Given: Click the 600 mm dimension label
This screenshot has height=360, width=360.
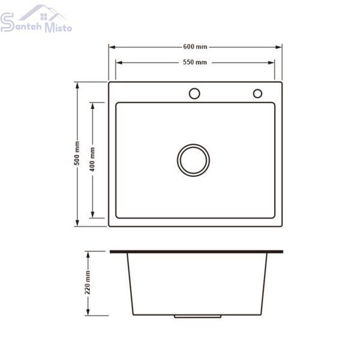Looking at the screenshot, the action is pos(195,47).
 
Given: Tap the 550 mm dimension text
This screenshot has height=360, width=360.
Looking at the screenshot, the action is pos(195,62).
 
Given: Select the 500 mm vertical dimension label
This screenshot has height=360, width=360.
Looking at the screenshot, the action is pos(77,153).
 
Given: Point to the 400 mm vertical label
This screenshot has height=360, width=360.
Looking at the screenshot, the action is pos(92,160).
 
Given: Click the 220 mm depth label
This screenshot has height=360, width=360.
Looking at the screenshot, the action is pos(88,282).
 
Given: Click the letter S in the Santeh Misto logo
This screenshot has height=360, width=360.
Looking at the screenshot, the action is pos(7,22).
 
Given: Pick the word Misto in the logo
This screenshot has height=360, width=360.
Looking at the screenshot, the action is pos(58,28).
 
